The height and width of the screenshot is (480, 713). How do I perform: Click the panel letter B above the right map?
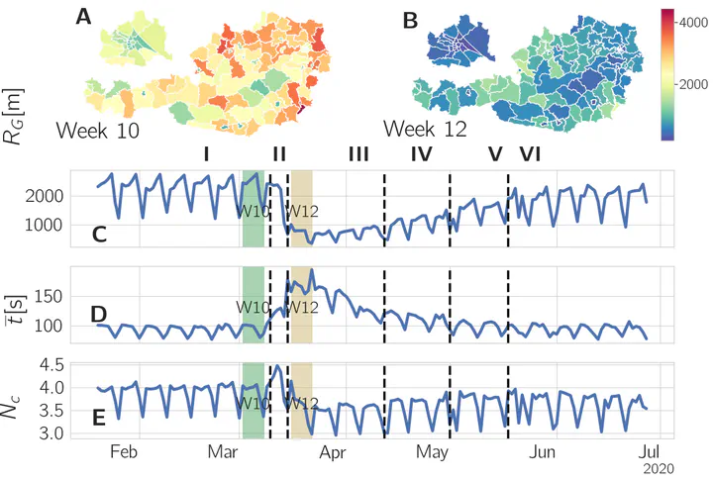407,17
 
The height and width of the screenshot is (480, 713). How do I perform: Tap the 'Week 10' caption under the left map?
97,130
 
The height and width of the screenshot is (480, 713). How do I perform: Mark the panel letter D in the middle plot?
99,315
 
